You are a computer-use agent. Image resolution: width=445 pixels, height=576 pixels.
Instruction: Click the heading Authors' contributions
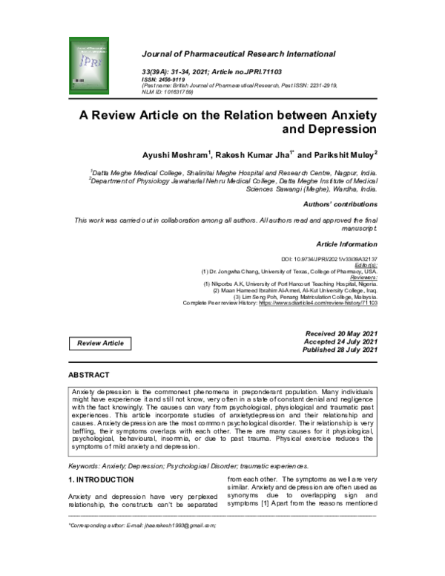(340, 204)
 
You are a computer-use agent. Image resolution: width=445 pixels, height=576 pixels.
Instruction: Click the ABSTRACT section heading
(88, 376)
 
